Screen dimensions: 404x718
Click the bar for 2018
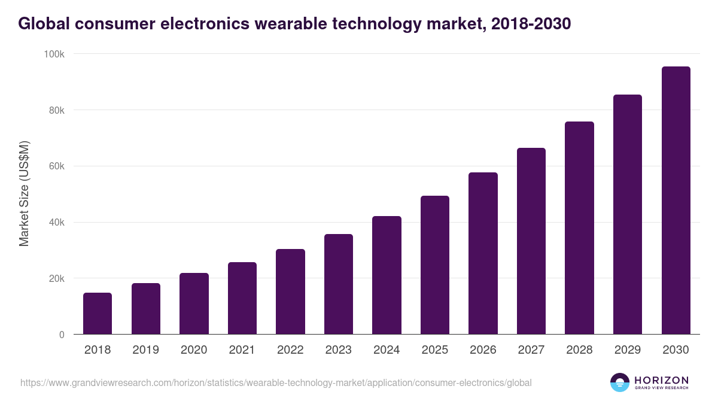pyautogui.click(x=98, y=314)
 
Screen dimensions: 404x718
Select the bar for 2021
pyautogui.click(x=242, y=298)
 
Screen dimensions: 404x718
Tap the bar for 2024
pyautogui.click(x=387, y=275)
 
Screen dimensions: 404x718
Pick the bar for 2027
pyautogui.click(x=531, y=241)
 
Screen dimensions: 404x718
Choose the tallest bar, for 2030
pyautogui.click(x=676, y=201)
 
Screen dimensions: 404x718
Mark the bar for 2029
pyautogui.click(x=628, y=214)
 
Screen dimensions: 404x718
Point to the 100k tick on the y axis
pyautogui.click(x=54, y=54)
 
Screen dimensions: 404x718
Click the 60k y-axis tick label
pyautogui.click(x=57, y=166)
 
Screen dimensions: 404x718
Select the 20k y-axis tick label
pyautogui.click(x=57, y=279)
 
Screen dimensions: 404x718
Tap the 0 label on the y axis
pyautogui.click(x=61, y=335)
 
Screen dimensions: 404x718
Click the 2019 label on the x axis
pyautogui.click(x=145, y=350)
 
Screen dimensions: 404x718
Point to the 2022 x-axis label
pyautogui.click(x=290, y=350)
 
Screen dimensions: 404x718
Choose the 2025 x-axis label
pyautogui.click(x=434, y=350)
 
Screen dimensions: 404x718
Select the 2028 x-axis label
pyautogui.click(x=579, y=350)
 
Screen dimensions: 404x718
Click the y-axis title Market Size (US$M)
pyautogui.click(x=24, y=194)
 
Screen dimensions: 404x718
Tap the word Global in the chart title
pyautogui.click(x=43, y=24)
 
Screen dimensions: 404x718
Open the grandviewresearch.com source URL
pyautogui.click(x=276, y=382)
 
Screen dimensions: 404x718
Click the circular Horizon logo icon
pyautogui.click(x=620, y=382)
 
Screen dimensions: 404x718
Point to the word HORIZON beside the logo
pyautogui.click(x=661, y=380)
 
